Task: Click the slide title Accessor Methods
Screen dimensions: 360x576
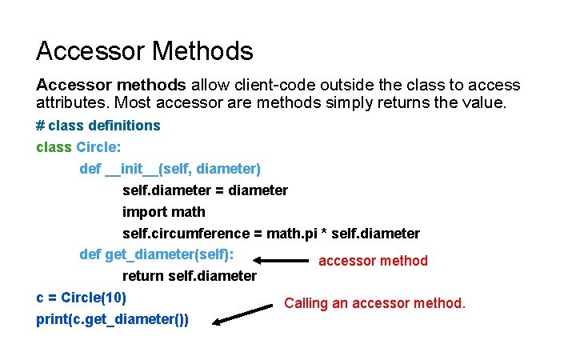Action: (x=144, y=51)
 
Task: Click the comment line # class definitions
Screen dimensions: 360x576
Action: (x=98, y=126)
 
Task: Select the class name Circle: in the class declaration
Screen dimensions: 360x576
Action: (x=98, y=147)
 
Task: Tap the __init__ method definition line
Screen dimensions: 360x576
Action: (x=170, y=169)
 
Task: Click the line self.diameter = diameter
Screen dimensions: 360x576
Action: (x=205, y=190)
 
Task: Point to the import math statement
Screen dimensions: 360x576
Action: (x=163, y=212)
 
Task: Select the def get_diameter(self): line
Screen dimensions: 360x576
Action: (x=157, y=254)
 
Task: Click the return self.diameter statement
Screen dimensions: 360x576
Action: (x=189, y=276)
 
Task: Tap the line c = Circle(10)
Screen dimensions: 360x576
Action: (x=82, y=298)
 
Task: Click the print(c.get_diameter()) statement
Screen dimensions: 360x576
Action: (x=113, y=319)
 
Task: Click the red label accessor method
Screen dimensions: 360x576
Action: (x=373, y=261)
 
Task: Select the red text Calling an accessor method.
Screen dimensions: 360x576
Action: (x=374, y=303)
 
